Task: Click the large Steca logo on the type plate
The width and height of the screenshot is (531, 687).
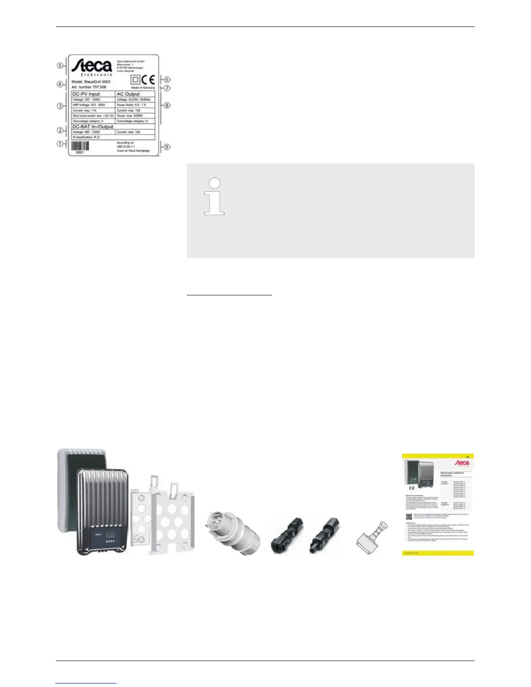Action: [92, 67]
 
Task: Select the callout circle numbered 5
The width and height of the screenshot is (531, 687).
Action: [60, 66]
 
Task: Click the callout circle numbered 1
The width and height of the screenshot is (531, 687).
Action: [60, 144]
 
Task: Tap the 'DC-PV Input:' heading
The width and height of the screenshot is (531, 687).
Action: [87, 94]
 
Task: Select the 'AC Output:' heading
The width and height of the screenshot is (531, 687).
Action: [129, 94]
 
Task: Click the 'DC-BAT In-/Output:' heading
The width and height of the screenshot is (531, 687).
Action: [93, 127]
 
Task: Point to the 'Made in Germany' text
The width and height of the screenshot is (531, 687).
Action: [143, 88]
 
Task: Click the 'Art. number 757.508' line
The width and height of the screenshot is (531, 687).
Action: [88, 87]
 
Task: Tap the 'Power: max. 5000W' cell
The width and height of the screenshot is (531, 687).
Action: [130, 116]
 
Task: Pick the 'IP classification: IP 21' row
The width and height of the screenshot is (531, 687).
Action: [86, 137]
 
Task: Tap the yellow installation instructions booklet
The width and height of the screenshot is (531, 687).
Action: [437, 504]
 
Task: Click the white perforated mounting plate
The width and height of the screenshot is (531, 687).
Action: [164, 516]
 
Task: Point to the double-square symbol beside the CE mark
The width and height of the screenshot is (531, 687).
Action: [135, 80]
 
